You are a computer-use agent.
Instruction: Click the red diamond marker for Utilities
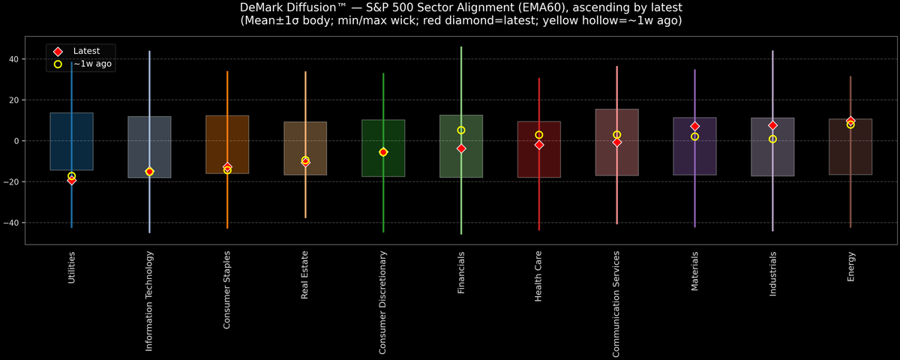coord(71,180)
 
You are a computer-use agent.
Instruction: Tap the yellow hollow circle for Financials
coord(461,130)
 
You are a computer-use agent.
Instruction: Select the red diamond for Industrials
coord(772,125)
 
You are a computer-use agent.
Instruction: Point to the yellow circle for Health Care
coord(539,135)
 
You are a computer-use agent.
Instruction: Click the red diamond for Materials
coord(694,126)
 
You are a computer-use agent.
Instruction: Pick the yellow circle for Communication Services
coord(616,135)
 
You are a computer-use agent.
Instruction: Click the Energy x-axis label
coord(850,266)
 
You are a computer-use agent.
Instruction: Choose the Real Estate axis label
coord(305,274)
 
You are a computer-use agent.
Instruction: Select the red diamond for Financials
coord(461,148)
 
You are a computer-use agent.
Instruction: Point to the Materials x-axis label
coord(694,271)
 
